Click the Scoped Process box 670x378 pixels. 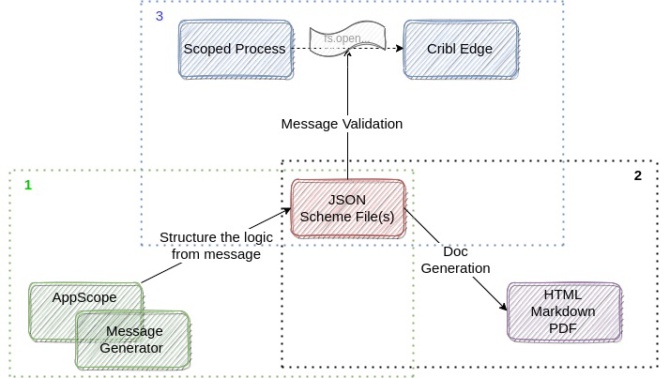point(235,49)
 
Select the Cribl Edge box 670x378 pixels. point(460,49)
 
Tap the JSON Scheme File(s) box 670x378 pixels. point(348,209)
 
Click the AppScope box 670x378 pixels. point(84,298)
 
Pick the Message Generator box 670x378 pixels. point(133,339)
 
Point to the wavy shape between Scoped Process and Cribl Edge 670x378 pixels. point(347,41)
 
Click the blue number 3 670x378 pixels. point(160,16)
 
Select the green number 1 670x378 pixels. point(28,185)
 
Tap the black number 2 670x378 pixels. point(637,175)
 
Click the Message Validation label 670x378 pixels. point(342,124)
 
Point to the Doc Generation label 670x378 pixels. point(455,260)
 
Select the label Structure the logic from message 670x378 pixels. point(210,246)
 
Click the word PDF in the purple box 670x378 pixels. point(563,327)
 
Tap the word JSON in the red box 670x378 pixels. point(348,201)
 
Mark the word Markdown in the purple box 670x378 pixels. point(563,311)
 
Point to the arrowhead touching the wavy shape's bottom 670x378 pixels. point(348,58)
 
